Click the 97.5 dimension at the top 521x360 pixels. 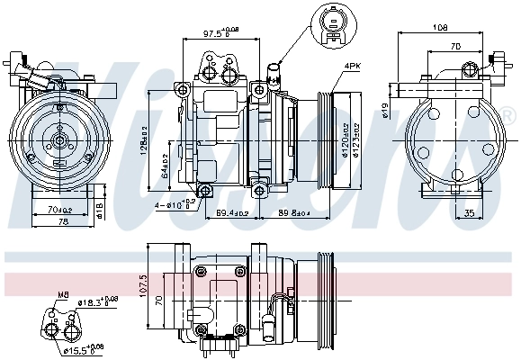pos(211,33)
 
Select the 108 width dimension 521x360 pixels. pos(440,27)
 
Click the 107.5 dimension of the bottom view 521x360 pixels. pos(142,285)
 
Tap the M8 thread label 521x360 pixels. pos(64,293)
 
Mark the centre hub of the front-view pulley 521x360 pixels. pos(58,139)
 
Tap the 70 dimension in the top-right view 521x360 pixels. pos(455,45)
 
